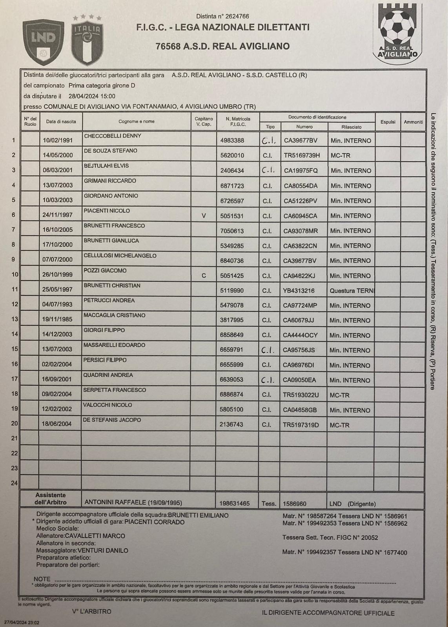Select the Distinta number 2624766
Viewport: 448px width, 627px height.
coord(222,16)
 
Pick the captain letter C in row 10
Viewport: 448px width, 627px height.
coord(204,275)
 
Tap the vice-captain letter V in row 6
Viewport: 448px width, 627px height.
coord(204,216)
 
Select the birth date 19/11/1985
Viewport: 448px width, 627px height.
coord(57,320)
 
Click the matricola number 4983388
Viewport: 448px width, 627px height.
coord(232,141)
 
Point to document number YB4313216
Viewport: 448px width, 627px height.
coord(301,291)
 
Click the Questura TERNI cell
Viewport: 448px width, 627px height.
coord(352,291)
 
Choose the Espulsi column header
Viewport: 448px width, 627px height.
coord(388,122)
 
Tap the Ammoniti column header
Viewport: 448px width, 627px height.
coord(413,122)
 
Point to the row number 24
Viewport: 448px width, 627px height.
coord(14,483)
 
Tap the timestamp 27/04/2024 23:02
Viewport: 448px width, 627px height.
coord(22,622)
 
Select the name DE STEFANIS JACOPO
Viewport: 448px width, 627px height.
coord(112,420)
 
